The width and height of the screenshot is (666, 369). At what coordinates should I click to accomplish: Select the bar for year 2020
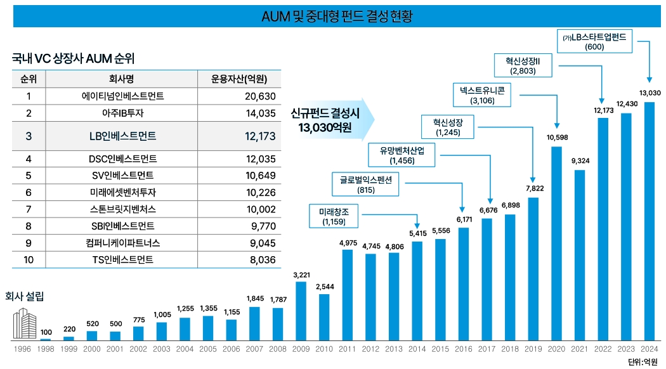click(x=556, y=243)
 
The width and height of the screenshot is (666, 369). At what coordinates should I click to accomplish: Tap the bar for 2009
click(x=301, y=311)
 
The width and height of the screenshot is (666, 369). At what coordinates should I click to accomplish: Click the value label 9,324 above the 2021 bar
click(x=579, y=161)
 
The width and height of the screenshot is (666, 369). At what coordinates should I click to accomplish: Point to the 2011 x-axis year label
click(x=347, y=349)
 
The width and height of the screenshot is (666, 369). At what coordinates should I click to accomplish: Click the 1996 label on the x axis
click(x=22, y=349)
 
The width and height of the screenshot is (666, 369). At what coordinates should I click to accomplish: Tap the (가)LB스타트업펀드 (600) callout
click(x=594, y=42)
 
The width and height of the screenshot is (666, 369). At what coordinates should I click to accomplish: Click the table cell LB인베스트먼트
click(x=122, y=136)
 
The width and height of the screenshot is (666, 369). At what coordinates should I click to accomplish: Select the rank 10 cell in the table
click(x=29, y=259)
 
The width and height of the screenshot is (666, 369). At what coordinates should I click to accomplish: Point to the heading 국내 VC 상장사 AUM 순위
click(x=74, y=58)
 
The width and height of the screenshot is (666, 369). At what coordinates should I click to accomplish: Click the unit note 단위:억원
click(x=642, y=362)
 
